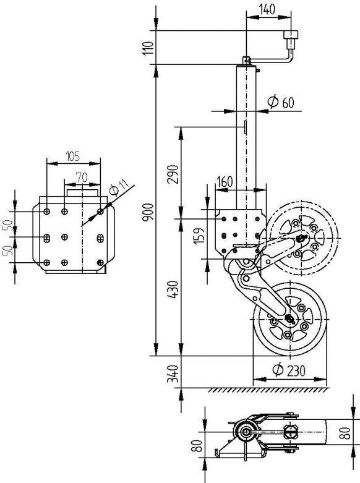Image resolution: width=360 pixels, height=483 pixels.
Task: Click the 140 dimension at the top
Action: point(267,9)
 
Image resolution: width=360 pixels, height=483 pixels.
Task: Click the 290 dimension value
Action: point(173,175)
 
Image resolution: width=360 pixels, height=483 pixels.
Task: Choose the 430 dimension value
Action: point(173,290)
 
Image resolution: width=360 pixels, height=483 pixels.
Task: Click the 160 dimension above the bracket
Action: point(224,182)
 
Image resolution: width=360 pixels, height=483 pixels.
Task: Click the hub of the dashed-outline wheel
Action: point(301,237)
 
